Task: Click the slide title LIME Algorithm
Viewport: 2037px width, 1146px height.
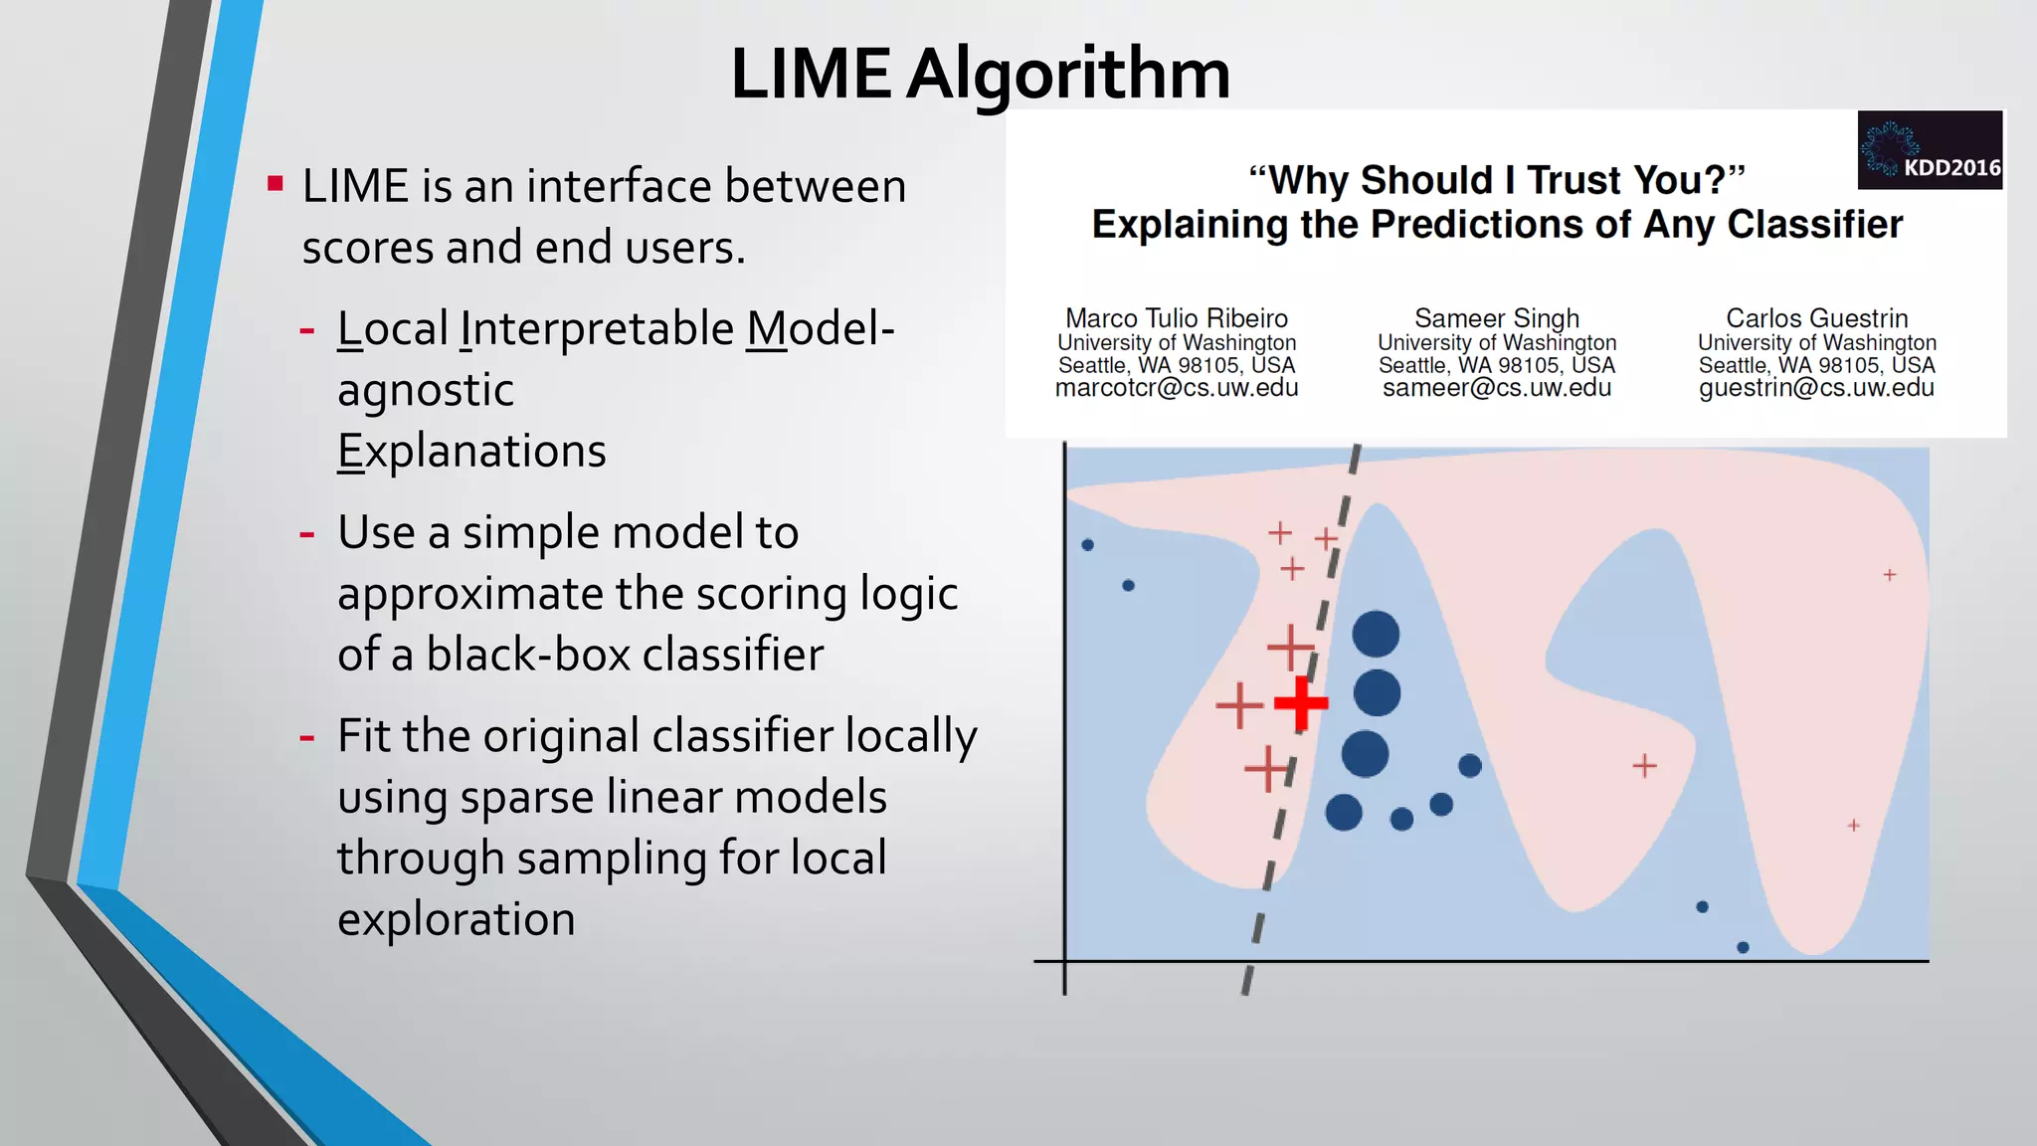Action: click(x=980, y=75)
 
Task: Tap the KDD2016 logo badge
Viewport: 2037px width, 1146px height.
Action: click(x=1929, y=150)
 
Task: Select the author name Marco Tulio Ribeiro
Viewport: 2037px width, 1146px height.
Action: click(x=1176, y=318)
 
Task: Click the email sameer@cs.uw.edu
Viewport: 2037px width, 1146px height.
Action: click(x=1496, y=388)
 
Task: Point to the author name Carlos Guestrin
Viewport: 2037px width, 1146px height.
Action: click(x=1816, y=318)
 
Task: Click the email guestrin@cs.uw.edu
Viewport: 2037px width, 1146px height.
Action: click(x=1816, y=388)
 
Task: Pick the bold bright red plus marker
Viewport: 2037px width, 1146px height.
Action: click(x=1301, y=703)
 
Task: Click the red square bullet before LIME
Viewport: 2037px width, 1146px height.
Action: click(x=276, y=184)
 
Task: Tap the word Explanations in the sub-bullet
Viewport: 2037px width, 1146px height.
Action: click(x=471, y=452)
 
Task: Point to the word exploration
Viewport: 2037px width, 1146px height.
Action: click(x=457, y=919)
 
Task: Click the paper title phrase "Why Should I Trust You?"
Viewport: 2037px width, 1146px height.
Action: click(x=1496, y=180)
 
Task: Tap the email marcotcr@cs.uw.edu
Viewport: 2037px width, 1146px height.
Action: click(x=1176, y=388)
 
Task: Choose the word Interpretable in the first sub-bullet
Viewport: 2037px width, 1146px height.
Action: click(x=597, y=329)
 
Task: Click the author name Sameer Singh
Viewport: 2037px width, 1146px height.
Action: click(x=1496, y=318)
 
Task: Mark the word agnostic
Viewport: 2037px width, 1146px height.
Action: click(x=426, y=390)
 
